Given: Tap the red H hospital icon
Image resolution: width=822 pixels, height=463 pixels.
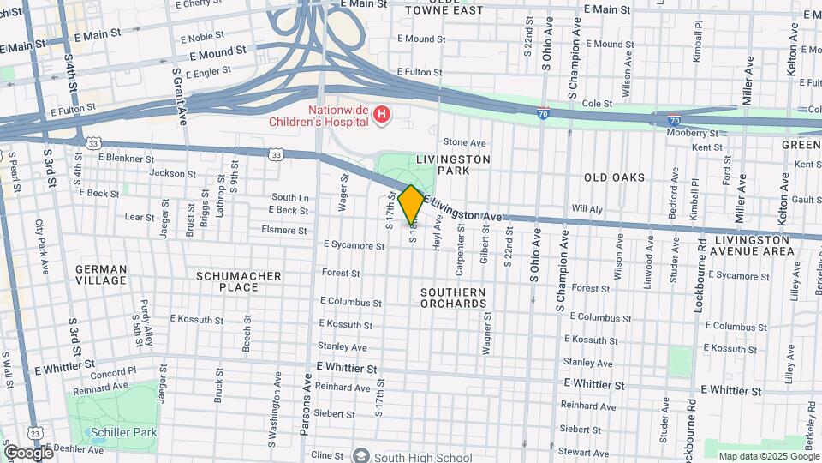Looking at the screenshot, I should point(383,113).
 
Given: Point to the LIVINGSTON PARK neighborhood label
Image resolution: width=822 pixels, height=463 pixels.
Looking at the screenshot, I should point(453,165).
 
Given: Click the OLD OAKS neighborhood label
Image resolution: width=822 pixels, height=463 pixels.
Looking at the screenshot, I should point(614,177).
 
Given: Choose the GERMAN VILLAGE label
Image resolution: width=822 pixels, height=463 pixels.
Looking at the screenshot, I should point(101,274).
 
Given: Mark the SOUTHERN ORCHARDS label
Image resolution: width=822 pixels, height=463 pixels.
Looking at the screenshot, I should point(453,298).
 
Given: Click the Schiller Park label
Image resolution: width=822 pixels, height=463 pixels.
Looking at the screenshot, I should point(125,433).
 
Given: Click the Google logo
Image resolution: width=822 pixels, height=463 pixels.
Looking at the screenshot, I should point(28,452).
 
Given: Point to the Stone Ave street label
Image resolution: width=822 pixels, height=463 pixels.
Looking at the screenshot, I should point(464,142).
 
